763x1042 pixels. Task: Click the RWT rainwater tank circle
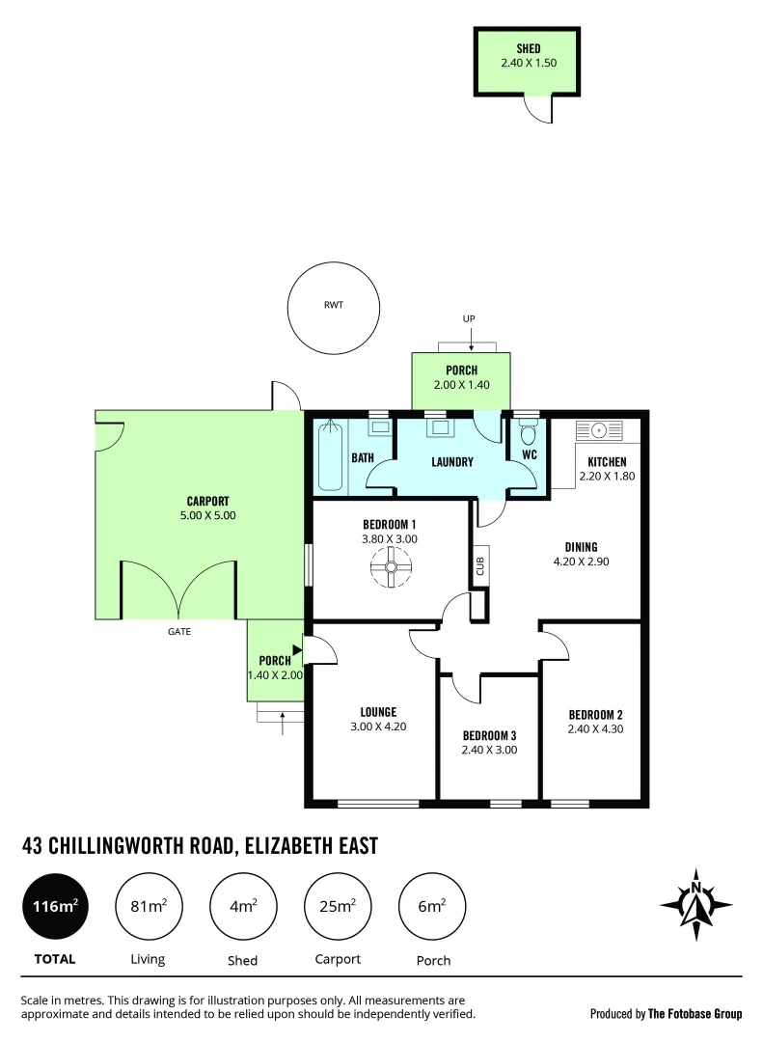[x=334, y=309]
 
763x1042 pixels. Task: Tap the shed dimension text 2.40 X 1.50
[x=528, y=63]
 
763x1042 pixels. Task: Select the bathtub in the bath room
[x=330, y=455]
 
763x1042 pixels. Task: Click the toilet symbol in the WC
[x=527, y=433]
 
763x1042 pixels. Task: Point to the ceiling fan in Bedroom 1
[x=392, y=568]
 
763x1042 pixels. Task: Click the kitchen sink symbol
[x=600, y=430]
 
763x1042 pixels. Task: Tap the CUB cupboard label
[x=479, y=564]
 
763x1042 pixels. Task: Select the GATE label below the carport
[x=179, y=632]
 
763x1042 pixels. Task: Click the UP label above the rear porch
[x=469, y=318]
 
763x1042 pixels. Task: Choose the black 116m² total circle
[x=54, y=907]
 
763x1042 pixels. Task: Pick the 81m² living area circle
[x=149, y=907]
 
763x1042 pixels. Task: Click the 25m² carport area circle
[x=338, y=907]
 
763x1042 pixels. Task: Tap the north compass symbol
[x=695, y=904]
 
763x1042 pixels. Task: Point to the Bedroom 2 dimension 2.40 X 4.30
[x=595, y=729]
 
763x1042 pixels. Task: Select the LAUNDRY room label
[x=452, y=462]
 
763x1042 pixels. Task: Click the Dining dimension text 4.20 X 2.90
[x=582, y=562]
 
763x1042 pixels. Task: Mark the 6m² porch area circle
[x=432, y=907]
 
